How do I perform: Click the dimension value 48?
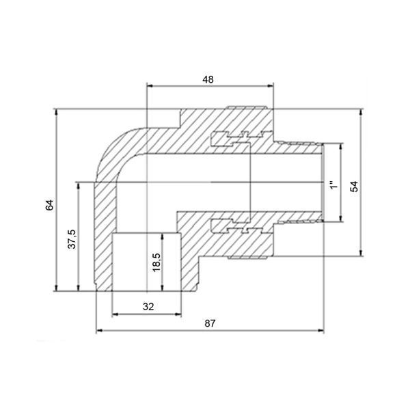(x=208, y=79)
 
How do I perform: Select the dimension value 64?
(x=49, y=205)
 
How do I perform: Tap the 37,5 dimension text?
(x=72, y=239)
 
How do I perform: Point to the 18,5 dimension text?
(x=157, y=262)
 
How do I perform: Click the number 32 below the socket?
(x=148, y=307)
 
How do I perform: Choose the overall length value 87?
(x=210, y=323)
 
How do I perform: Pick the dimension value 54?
(x=354, y=187)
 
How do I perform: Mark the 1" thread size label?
(x=333, y=185)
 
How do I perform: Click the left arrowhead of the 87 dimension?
(x=99, y=331)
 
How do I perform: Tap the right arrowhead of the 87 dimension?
(x=320, y=331)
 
